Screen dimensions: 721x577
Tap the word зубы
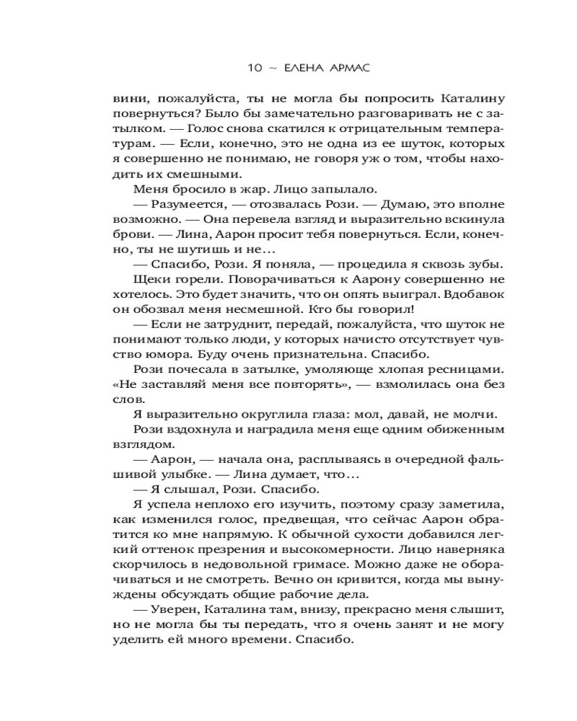488,266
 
